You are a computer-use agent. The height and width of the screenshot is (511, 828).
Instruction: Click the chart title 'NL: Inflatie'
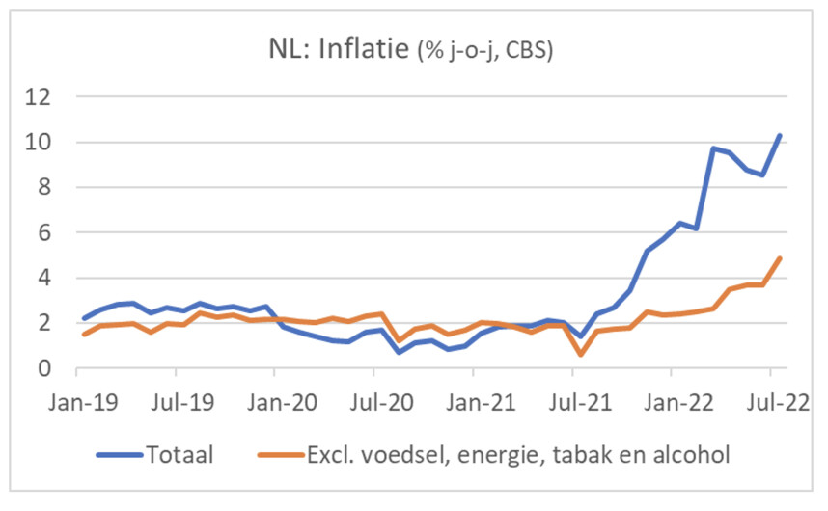click(x=338, y=48)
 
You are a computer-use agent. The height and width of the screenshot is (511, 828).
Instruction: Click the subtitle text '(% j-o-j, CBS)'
click(x=484, y=51)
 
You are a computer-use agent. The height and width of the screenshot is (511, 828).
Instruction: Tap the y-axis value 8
click(x=41, y=188)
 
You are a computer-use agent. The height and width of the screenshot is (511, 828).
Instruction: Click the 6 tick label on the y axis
click(x=41, y=233)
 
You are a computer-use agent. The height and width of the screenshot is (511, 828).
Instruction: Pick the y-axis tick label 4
click(x=41, y=279)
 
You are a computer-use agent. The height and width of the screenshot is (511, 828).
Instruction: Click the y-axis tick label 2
click(x=41, y=324)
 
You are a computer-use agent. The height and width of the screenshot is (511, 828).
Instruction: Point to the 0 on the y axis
click(x=41, y=369)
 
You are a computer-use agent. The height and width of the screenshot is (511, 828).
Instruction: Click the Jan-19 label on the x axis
click(x=76, y=399)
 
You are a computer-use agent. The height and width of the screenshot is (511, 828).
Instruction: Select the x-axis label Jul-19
click(x=176, y=399)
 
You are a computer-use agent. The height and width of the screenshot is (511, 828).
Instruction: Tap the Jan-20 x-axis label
click(x=275, y=399)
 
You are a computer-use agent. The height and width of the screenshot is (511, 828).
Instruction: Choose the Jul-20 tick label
click(x=374, y=399)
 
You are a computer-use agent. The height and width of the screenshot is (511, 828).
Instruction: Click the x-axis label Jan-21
click(x=474, y=399)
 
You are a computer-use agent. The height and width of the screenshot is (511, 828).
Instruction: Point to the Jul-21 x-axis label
click(x=573, y=399)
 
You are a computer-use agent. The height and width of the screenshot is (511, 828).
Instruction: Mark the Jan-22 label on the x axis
click(x=673, y=399)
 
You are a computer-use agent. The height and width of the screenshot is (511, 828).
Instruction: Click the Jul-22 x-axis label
click(x=771, y=399)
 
